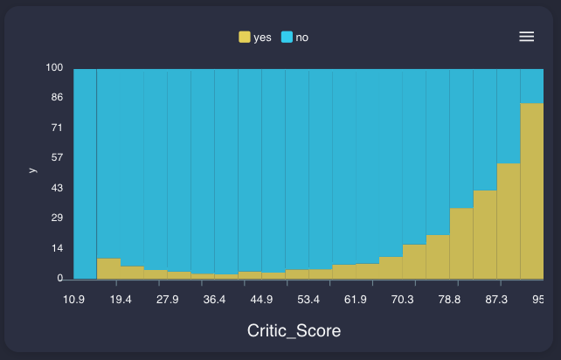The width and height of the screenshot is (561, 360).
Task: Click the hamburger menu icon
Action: point(526,36)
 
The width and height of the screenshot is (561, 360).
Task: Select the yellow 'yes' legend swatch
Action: point(245,37)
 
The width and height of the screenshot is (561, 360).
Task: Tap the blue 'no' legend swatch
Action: point(287,37)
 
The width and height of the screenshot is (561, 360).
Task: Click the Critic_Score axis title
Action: point(294,331)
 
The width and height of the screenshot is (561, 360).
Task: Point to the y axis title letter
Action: point(33,170)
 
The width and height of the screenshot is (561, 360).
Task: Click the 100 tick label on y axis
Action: point(55,68)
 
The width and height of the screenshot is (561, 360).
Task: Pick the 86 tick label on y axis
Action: point(58,98)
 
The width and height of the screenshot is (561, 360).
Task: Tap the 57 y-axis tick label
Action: point(58,157)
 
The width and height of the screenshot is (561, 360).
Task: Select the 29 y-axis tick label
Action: point(58,218)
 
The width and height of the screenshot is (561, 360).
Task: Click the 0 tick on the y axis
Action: point(60,278)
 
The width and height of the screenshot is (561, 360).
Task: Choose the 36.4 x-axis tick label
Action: point(214,300)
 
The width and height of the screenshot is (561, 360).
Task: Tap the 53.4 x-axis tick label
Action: point(308,300)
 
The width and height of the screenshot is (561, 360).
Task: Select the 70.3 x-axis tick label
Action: point(402,300)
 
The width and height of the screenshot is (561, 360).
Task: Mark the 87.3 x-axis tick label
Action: point(496,300)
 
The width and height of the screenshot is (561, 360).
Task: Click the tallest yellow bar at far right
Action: point(531,192)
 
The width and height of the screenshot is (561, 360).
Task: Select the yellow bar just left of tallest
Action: point(509,222)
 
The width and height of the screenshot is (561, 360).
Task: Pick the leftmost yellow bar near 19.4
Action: point(108,269)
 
